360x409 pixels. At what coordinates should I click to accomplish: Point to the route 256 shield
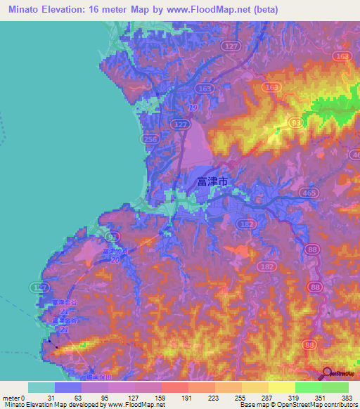tap(149, 140)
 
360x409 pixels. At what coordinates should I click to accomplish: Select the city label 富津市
tap(212, 181)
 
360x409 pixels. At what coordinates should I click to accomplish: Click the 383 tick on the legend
tap(347, 398)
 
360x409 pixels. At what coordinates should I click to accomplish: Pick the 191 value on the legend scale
tap(186, 398)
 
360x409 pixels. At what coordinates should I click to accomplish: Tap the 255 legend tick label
tap(240, 398)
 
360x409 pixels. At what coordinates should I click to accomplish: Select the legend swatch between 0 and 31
tap(41, 387)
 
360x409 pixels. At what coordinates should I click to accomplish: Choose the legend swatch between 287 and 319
tap(281, 387)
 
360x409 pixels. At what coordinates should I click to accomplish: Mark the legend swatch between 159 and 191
tap(174, 387)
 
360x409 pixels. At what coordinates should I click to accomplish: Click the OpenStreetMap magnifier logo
tap(328, 374)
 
